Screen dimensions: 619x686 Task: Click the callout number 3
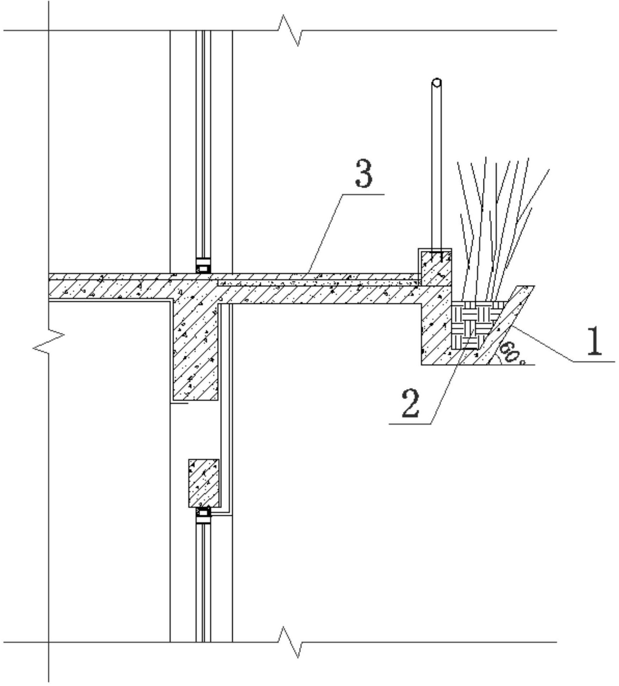click(364, 174)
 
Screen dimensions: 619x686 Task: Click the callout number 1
click(595, 340)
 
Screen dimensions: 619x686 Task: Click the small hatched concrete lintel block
click(204, 483)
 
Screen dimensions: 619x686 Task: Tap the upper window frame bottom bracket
click(203, 266)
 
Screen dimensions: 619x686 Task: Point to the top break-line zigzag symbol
click(290, 31)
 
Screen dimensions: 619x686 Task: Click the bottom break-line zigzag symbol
click(290, 642)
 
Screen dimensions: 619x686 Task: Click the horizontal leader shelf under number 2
click(410, 424)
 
